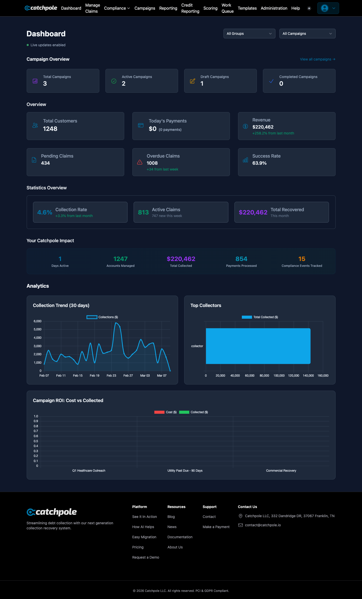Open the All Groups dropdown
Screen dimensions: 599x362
click(x=249, y=34)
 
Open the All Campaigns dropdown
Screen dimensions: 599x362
click(x=307, y=34)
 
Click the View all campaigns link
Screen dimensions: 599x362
click(x=317, y=59)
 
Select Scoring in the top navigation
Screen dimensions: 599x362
click(x=210, y=8)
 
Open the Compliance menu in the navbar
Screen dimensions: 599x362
click(x=117, y=8)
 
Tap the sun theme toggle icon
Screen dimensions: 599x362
click(x=309, y=8)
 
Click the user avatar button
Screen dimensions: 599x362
click(x=328, y=8)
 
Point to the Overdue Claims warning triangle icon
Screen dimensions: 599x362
click(x=140, y=162)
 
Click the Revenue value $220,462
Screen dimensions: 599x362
click(x=263, y=127)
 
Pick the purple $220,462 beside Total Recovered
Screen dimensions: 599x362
click(x=253, y=212)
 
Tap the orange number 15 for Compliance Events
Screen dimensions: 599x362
click(x=302, y=259)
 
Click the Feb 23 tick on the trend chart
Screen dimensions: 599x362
click(x=111, y=376)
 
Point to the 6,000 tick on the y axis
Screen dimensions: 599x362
click(x=38, y=321)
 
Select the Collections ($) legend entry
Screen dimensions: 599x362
click(x=102, y=317)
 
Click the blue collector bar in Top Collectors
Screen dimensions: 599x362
click(x=258, y=346)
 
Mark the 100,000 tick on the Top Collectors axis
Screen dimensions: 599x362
click(x=279, y=376)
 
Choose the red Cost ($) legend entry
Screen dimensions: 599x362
click(x=165, y=412)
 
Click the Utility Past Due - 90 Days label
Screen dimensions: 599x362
click(x=185, y=471)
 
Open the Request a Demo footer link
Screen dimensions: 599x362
click(x=146, y=557)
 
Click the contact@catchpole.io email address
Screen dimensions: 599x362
click(x=263, y=525)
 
